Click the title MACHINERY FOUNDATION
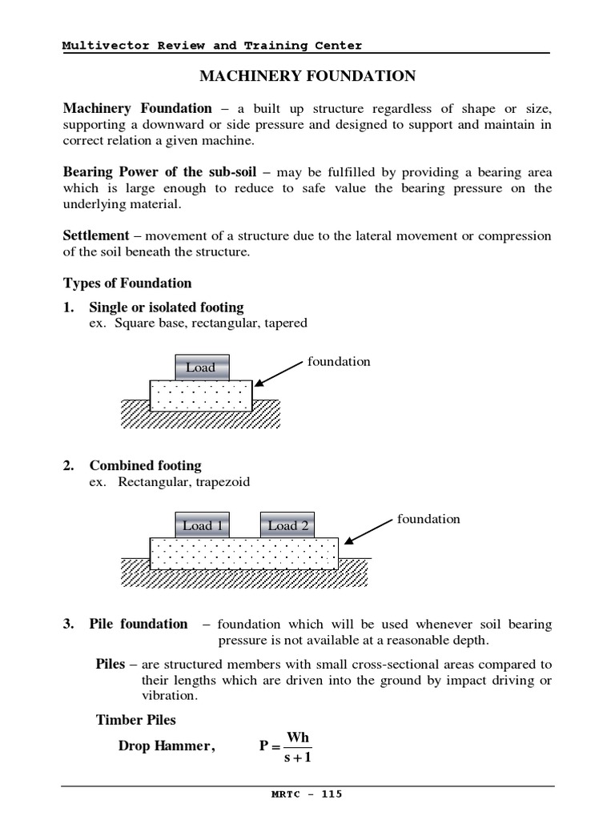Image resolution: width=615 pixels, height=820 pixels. pyautogui.click(x=307, y=76)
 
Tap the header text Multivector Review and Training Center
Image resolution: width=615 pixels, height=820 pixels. pyautogui.click(x=212, y=46)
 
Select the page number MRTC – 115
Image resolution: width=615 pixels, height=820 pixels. pyautogui.click(x=307, y=794)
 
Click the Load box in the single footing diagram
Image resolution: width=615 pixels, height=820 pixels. pyautogui.click(x=201, y=368)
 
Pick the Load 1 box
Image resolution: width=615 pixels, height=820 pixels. pyautogui.click(x=202, y=525)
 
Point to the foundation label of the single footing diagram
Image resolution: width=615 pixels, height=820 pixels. pyautogui.click(x=339, y=361)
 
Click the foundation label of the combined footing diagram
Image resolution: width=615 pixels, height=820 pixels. pyautogui.click(x=428, y=519)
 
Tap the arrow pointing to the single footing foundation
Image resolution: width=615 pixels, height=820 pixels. pyautogui.click(x=279, y=375)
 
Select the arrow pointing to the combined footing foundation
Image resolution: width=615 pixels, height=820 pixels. pyautogui.click(x=368, y=533)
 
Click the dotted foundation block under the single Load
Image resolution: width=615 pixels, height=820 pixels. pyautogui.click(x=201, y=395)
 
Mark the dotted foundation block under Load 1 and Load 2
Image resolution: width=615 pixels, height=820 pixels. pyautogui.click(x=243, y=552)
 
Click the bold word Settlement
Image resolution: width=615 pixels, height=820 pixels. pyautogui.click(x=96, y=235)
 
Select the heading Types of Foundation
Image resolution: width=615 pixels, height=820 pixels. pyautogui.click(x=127, y=283)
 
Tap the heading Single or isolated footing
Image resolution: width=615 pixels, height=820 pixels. pyautogui.click(x=167, y=307)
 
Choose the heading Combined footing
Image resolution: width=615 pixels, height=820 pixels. pyautogui.click(x=145, y=465)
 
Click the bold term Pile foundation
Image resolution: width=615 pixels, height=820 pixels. pyautogui.click(x=139, y=624)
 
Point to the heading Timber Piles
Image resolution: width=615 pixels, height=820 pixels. pyautogui.click(x=136, y=719)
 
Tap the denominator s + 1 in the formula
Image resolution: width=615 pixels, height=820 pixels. pyautogui.click(x=297, y=758)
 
